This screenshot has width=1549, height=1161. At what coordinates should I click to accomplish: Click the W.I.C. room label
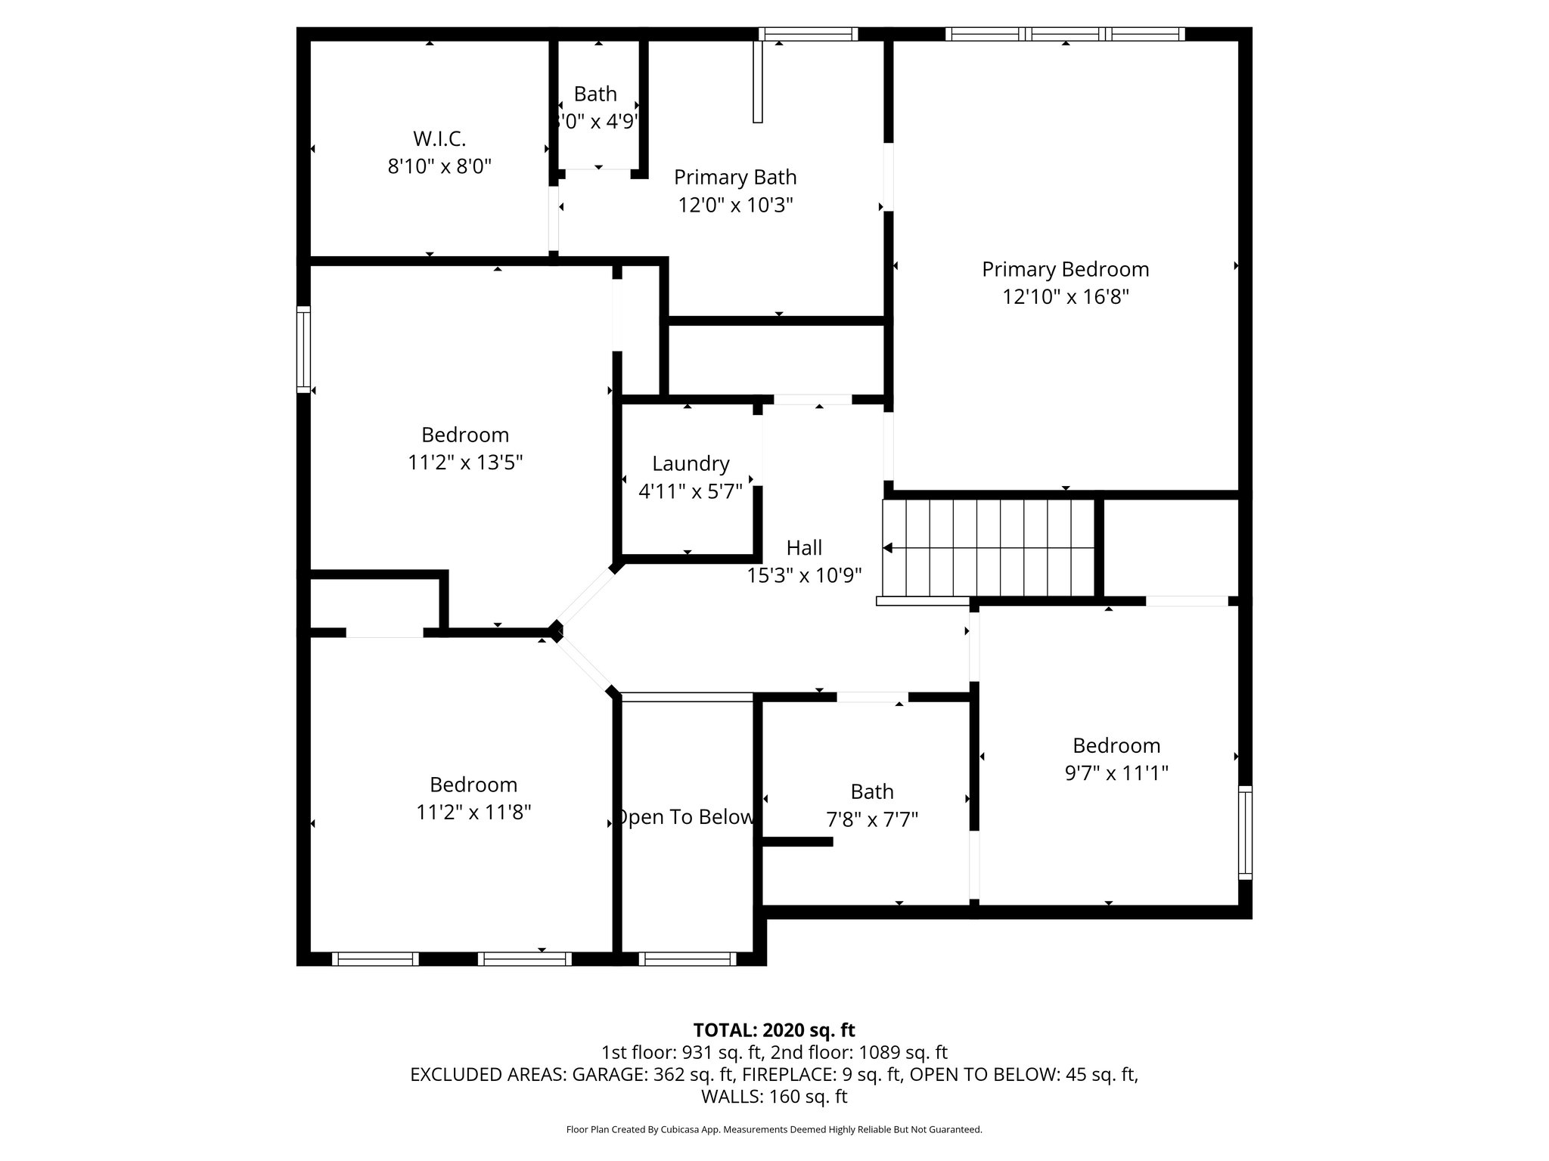point(439,139)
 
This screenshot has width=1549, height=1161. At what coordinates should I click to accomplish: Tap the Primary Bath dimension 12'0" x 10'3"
point(735,205)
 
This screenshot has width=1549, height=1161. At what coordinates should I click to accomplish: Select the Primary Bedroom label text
point(1065,269)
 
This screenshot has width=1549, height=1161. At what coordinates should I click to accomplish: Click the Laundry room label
point(691,463)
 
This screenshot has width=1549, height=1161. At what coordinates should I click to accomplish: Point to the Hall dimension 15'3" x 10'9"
point(804,575)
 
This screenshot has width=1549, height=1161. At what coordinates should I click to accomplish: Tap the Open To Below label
point(686,817)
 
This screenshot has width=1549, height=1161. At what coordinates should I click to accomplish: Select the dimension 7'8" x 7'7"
point(872,819)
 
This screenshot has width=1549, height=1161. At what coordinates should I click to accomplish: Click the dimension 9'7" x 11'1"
point(1116,773)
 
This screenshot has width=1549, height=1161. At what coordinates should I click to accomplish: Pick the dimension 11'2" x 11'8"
point(473,812)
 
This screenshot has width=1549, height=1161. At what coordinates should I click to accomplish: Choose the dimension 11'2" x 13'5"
point(465,462)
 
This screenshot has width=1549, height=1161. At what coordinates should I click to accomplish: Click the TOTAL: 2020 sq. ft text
point(774,1029)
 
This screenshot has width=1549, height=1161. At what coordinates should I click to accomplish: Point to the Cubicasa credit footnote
point(774,1129)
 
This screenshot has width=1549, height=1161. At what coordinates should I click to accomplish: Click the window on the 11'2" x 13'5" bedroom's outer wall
point(303,349)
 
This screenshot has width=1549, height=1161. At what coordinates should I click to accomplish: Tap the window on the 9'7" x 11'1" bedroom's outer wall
point(1244,832)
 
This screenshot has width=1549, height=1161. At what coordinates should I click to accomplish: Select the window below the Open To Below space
point(687,958)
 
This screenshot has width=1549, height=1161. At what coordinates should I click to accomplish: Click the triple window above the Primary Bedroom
point(1064,34)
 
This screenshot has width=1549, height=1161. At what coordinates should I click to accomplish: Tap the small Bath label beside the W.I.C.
point(595,94)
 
